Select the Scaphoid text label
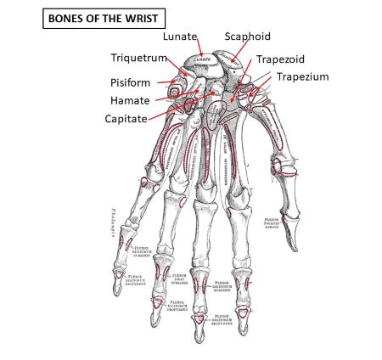pos(247,37)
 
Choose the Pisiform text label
pos(131,83)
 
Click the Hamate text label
pos(130,100)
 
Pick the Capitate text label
pos(133,118)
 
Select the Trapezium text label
pos(301,76)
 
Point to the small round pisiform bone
pos(179,85)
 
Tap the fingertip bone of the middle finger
pos(198,322)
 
